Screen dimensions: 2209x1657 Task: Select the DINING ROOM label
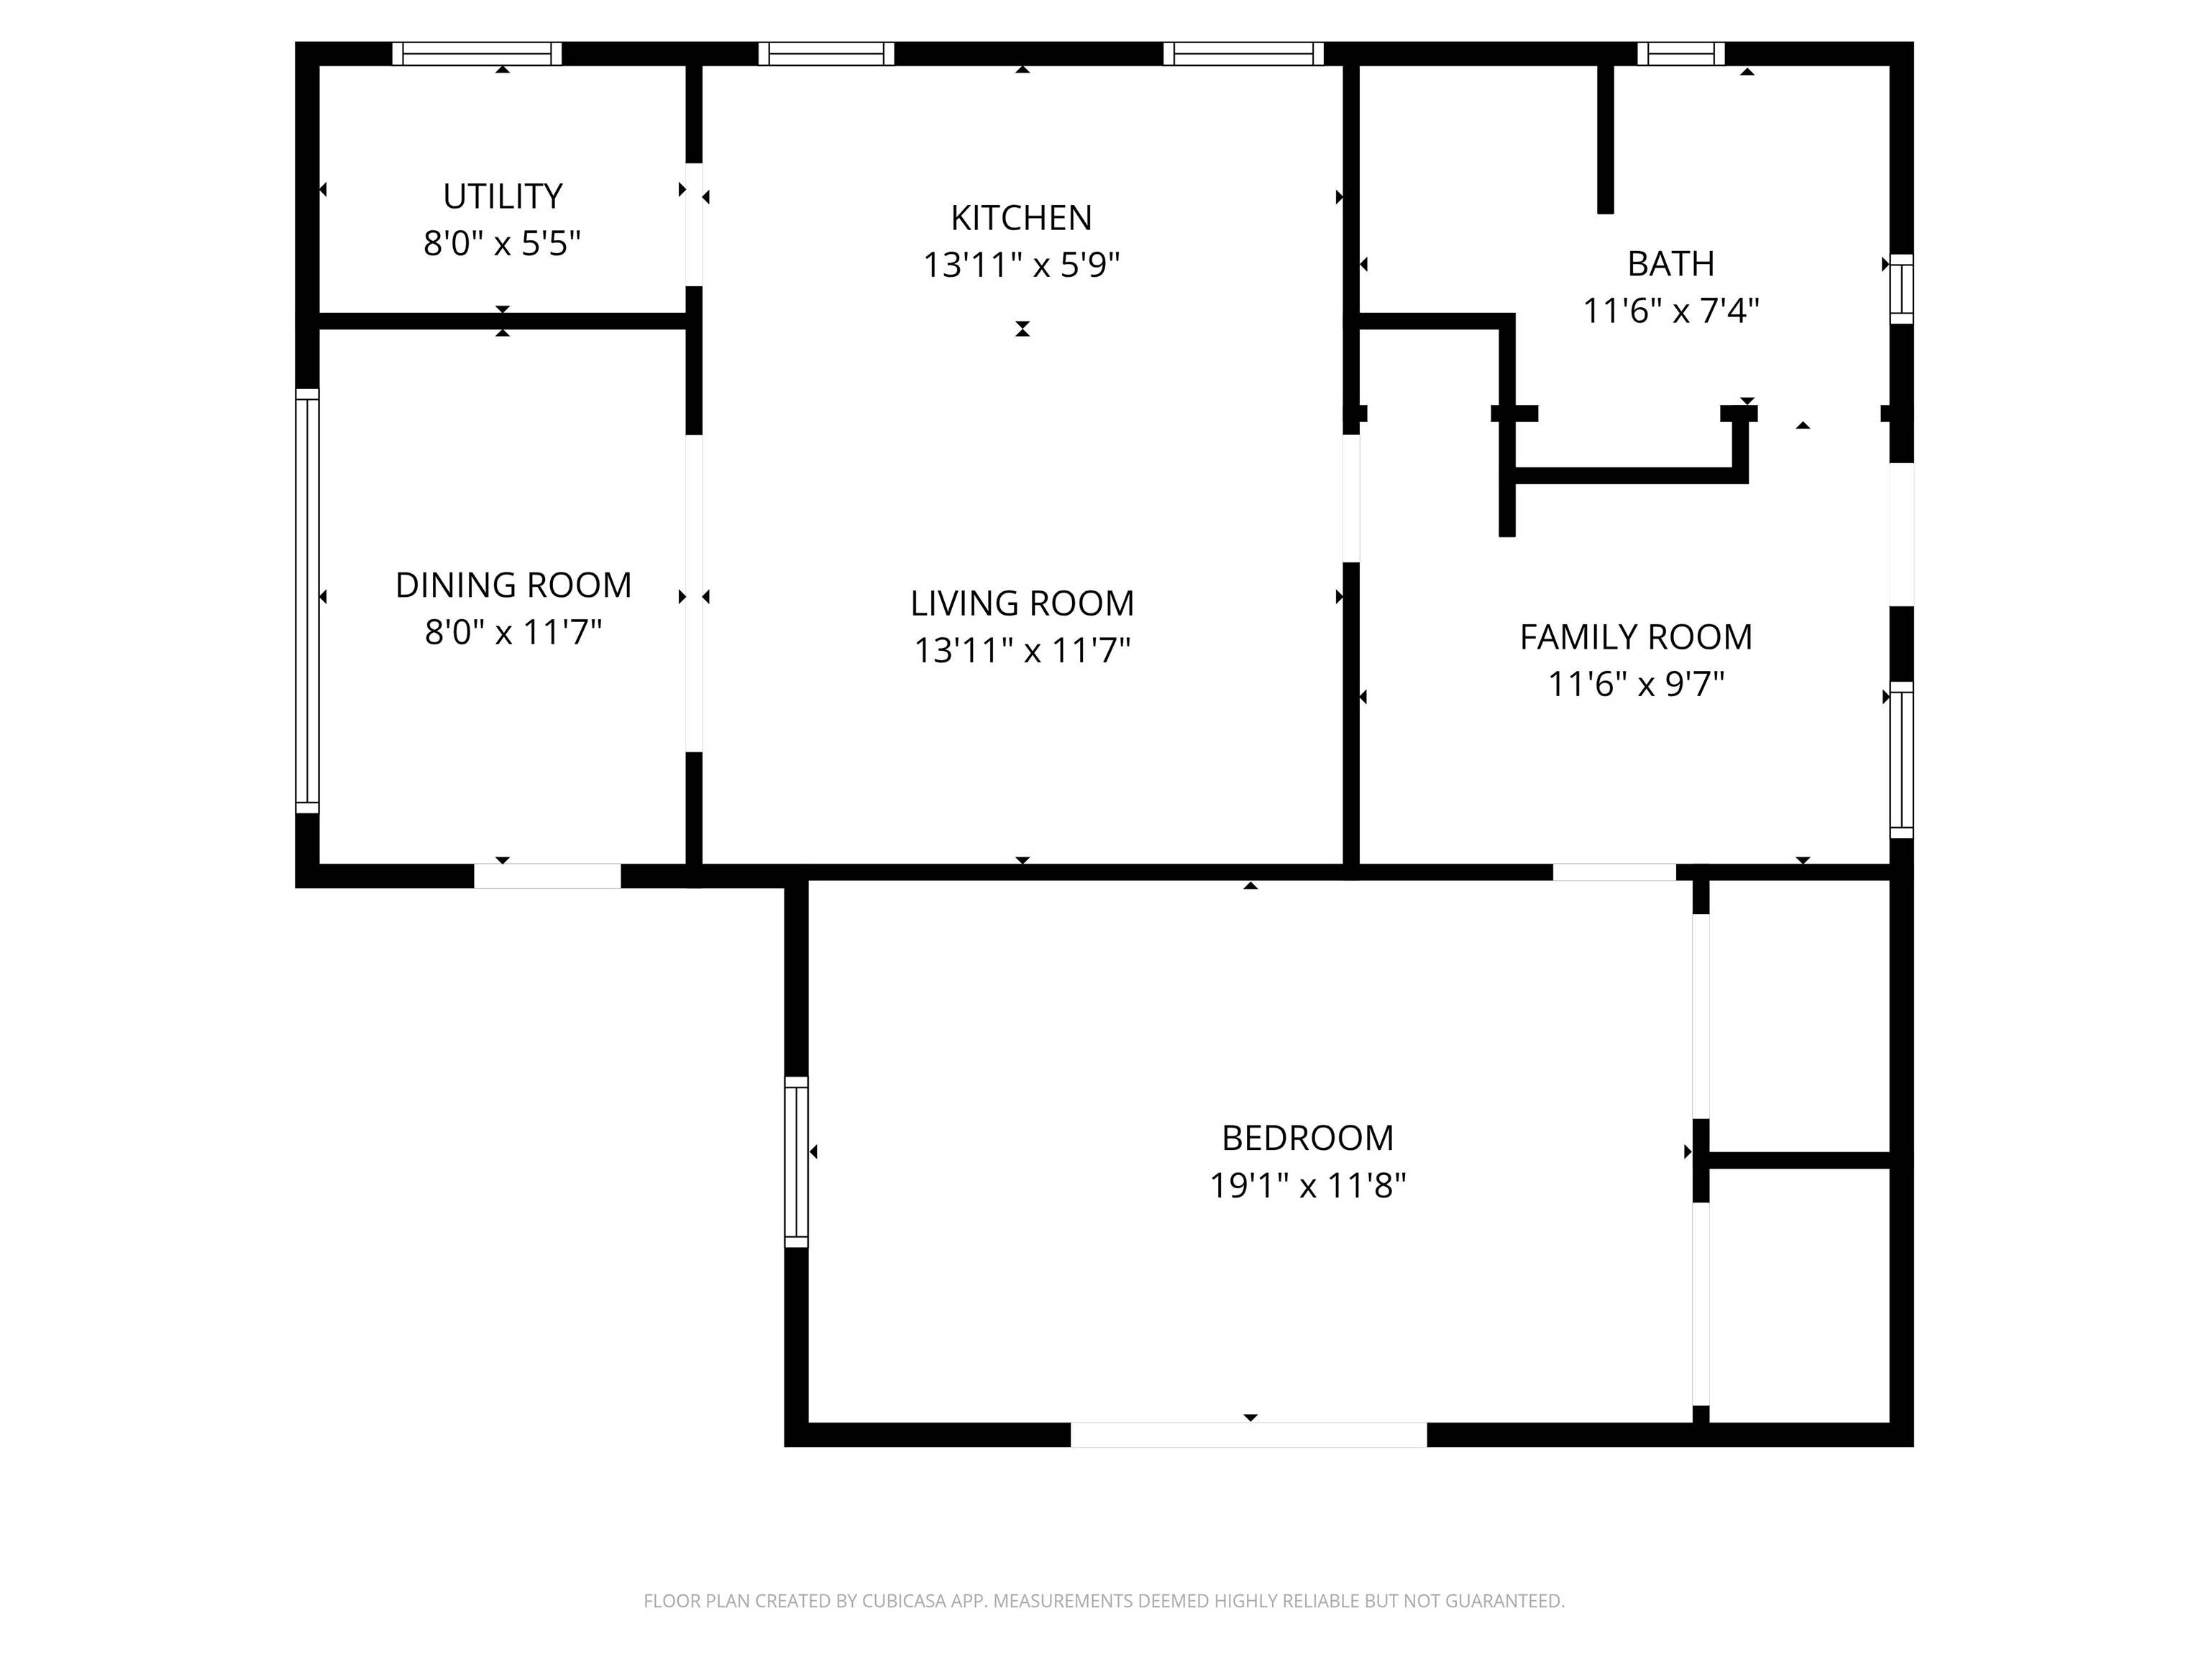[513, 585]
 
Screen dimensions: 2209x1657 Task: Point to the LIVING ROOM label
[1022, 603]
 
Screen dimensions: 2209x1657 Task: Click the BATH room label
[1670, 264]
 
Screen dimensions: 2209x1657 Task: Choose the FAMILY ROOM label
[1636, 637]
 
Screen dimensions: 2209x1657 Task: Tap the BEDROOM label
[1307, 1138]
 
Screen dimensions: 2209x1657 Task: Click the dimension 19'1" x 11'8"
[1307, 1185]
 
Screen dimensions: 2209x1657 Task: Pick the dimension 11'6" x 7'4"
[1670, 311]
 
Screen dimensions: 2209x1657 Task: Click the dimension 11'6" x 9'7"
[1636, 684]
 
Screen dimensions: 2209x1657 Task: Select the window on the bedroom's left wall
[796, 1161]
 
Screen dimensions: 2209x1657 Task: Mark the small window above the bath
[1680, 54]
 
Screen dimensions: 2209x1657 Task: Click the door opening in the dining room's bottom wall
[547, 875]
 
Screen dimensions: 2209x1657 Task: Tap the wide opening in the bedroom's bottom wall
[1248, 1434]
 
